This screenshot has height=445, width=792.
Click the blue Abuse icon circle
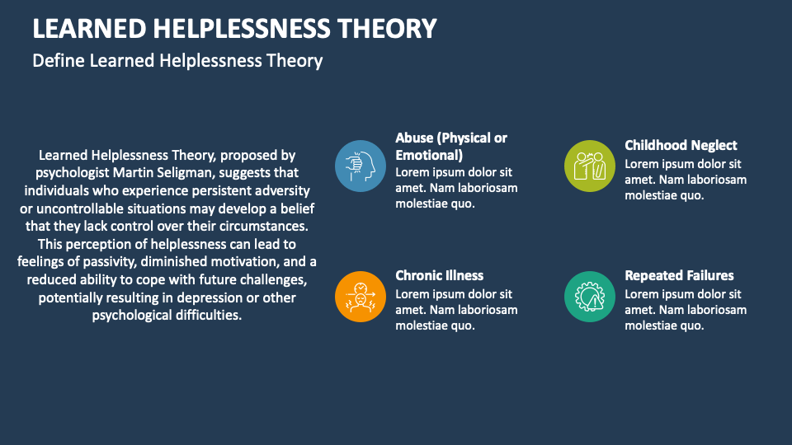(x=361, y=166)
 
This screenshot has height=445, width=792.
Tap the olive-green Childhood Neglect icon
(x=590, y=166)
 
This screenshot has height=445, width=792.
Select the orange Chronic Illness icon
(x=361, y=296)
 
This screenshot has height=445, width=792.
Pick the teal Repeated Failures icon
(x=590, y=296)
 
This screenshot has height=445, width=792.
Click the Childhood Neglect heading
(x=681, y=146)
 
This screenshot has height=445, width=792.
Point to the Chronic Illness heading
(x=439, y=275)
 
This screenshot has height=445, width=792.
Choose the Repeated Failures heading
(x=679, y=275)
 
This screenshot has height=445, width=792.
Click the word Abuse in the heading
(x=416, y=138)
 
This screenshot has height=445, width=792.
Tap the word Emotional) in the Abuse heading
(x=429, y=155)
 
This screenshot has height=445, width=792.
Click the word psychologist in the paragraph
(x=73, y=172)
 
